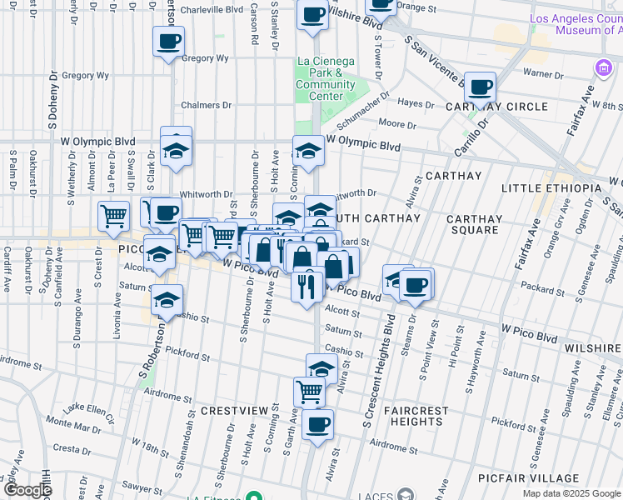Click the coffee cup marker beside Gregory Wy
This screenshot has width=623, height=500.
(168, 41)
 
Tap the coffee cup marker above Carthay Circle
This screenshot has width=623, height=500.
(480, 87)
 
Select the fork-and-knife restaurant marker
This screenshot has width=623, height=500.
(307, 286)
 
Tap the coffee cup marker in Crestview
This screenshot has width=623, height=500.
(316, 425)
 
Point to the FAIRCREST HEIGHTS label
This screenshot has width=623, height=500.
(418, 416)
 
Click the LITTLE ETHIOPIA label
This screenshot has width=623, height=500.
(551, 188)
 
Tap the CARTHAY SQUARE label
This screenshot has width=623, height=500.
(474, 225)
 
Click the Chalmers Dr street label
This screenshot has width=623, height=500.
(207, 105)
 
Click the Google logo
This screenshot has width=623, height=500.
(27, 491)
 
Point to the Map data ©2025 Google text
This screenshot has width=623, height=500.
(571, 493)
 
